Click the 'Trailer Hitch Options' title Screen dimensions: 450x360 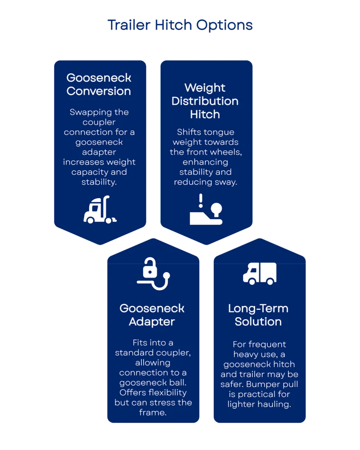pyautogui.click(x=180, y=26)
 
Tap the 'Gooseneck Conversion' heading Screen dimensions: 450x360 pyautogui.click(x=99, y=84)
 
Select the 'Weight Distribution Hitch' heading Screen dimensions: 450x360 pyautogui.click(x=205, y=101)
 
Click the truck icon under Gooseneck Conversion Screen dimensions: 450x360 pyautogui.click(x=100, y=210)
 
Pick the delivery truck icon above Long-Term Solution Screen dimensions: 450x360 pyautogui.click(x=259, y=273)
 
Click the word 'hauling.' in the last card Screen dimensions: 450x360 pyautogui.click(x=276, y=404)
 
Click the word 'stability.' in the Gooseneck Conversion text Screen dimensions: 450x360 pyautogui.click(x=99, y=182)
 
